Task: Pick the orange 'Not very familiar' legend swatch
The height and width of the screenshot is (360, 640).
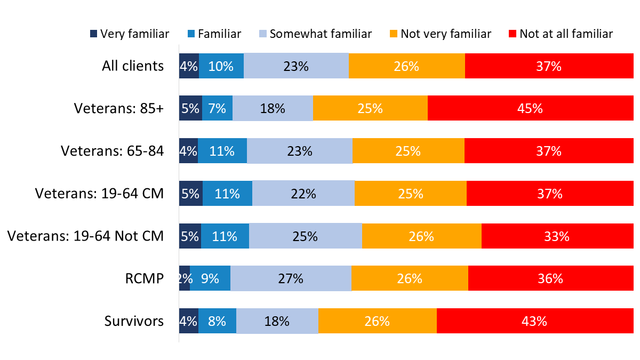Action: (x=393, y=34)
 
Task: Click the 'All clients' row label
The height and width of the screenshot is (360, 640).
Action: (x=133, y=66)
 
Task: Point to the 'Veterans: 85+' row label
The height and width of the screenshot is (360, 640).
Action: (x=119, y=108)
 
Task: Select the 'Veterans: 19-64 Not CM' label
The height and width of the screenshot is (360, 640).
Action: (x=85, y=236)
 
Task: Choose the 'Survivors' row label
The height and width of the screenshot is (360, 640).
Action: (x=134, y=321)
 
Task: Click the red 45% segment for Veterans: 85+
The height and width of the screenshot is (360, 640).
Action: (x=530, y=108)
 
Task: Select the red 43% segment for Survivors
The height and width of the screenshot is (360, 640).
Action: (x=534, y=321)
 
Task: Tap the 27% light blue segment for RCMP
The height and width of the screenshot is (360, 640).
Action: (x=291, y=278)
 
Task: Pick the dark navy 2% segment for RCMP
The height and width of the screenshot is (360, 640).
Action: (x=185, y=278)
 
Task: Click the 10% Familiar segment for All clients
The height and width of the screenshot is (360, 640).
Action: (x=221, y=66)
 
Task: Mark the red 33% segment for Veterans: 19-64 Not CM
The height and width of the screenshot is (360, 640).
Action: (x=557, y=236)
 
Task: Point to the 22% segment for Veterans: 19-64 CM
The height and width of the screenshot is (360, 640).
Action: (x=303, y=193)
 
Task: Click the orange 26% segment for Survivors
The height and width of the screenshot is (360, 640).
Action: (x=377, y=321)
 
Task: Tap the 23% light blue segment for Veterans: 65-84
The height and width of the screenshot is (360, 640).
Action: (x=300, y=151)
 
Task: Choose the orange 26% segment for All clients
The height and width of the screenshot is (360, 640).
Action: (x=406, y=66)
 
